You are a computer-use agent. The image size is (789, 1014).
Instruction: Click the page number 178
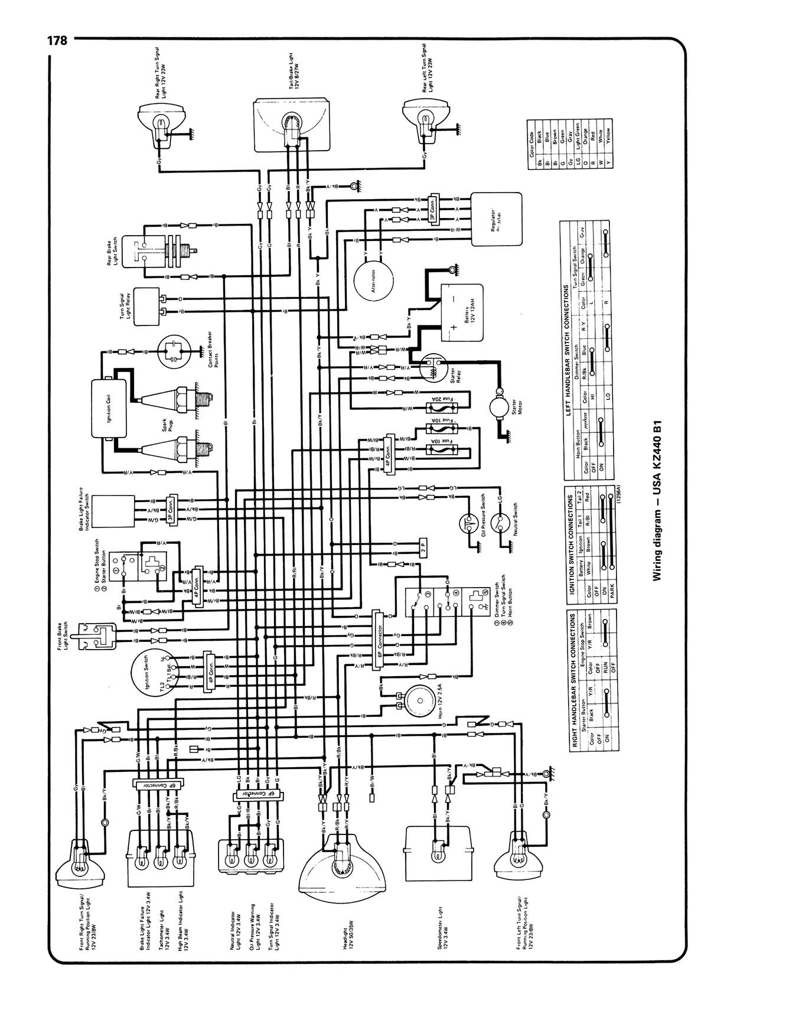pyautogui.click(x=57, y=41)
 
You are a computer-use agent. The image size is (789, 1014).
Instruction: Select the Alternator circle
pyautogui.click(x=373, y=278)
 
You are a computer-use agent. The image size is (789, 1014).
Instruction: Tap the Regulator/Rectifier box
pyautogui.click(x=496, y=218)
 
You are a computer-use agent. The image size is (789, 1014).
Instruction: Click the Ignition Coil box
pyautogui.click(x=110, y=409)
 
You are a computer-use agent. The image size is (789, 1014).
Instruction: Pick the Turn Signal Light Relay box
pyautogui.click(x=148, y=307)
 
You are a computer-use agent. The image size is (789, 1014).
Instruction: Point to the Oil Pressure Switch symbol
pyautogui.click(x=470, y=521)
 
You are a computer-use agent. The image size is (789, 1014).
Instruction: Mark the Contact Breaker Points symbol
pyautogui.click(x=174, y=351)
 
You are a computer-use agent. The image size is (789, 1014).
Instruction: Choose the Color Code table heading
pyautogui.click(x=532, y=144)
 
